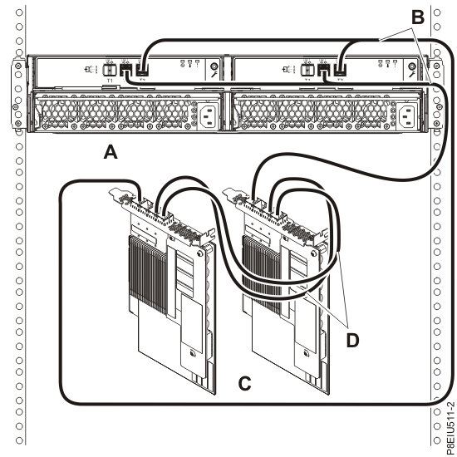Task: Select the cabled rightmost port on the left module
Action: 144,71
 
